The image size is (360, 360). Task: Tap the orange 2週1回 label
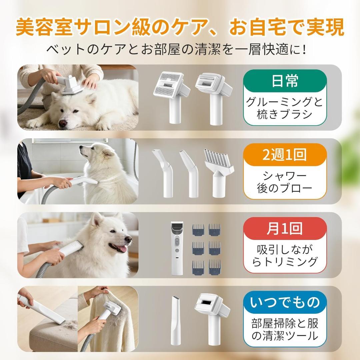[x=284, y=155]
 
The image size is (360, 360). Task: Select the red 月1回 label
[x=284, y=229]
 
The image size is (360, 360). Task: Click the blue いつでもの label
[x=284, y=303]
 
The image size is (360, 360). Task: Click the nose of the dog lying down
[x=62, y=123]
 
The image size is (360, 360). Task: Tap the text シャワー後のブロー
[x=284, y=182]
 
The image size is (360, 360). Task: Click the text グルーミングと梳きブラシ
[x=284, y=108]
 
